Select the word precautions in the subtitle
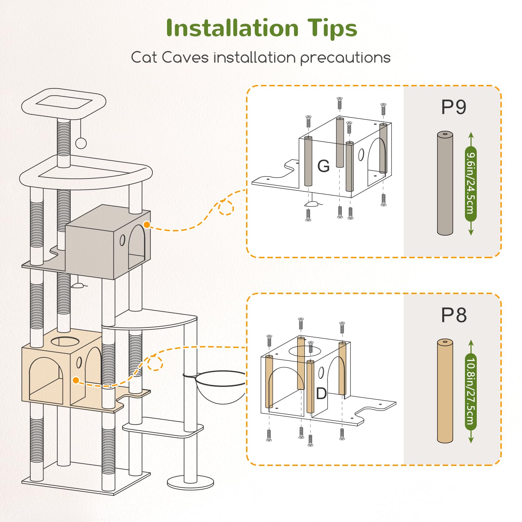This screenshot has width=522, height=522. click(345, 58)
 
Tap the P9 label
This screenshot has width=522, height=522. click(453, 107)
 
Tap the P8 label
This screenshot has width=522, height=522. click(453, 315)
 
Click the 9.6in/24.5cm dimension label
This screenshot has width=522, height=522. click(471, 183)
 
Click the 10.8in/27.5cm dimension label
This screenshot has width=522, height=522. click(471, 391)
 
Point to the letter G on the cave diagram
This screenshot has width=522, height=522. click(323, 166)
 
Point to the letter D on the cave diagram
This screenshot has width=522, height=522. click(321, 394)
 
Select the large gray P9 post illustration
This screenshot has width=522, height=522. click(445, 183)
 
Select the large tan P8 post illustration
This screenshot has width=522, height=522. click(445, 391)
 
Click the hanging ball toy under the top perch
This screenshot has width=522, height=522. click(81, 143)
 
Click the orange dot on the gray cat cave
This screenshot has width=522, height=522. click(147, 225)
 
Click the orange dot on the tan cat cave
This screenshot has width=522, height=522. click(76, 380)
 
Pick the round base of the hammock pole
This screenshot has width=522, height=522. click(190, 483)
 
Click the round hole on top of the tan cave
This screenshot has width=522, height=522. click(65, 341)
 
